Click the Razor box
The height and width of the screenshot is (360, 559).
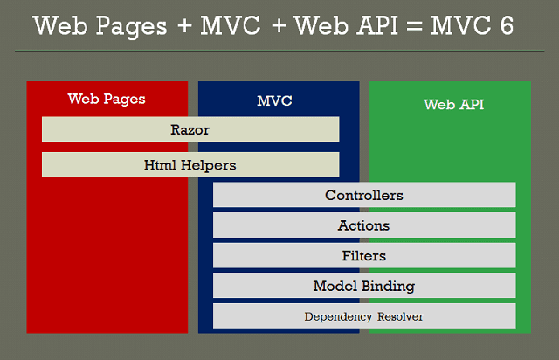click(190, 129)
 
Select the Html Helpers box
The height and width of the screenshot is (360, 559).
click(190, 164)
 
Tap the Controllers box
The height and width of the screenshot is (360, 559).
click(364, 195)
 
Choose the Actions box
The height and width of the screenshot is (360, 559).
click(364, 225)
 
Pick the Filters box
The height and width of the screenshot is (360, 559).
click(364, 256)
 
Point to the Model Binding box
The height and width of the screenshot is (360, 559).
click(364, 286)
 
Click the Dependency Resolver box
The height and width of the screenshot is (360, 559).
click(364, 316)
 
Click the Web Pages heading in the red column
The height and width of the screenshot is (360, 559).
click(107, 99)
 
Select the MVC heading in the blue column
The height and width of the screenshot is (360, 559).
click(274, 100)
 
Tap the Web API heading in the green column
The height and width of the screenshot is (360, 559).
click(453, 105)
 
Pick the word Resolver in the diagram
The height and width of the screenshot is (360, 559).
click(400, 316)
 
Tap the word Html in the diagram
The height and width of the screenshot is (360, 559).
click(159, 164)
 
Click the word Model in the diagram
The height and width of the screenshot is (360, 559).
click(333, 286)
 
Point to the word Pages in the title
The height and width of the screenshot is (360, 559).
click(129, 27)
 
